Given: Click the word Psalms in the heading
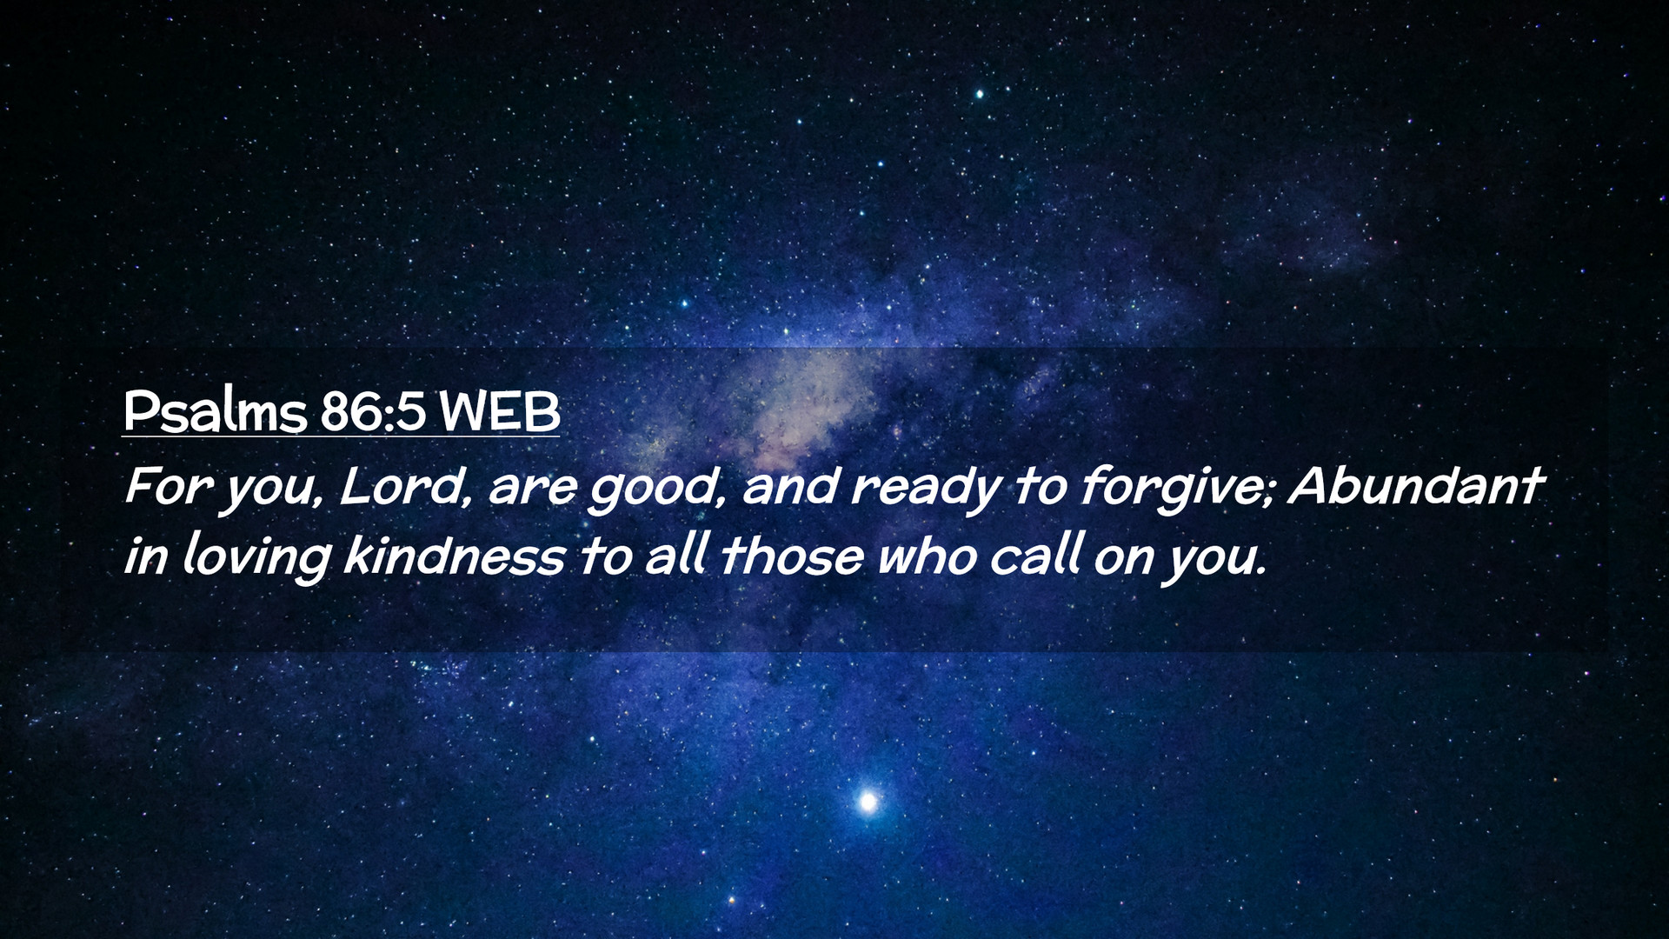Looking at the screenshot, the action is coord(215,412).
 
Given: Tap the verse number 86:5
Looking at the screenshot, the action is coord(373,412).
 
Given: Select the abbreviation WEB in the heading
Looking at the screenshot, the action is coord(499,412).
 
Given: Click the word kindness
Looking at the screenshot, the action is coord(454,556).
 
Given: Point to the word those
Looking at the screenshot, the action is coord(791,556).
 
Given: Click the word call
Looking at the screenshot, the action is coord(1036,556).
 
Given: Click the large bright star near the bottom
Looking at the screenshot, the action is coord(867,801).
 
